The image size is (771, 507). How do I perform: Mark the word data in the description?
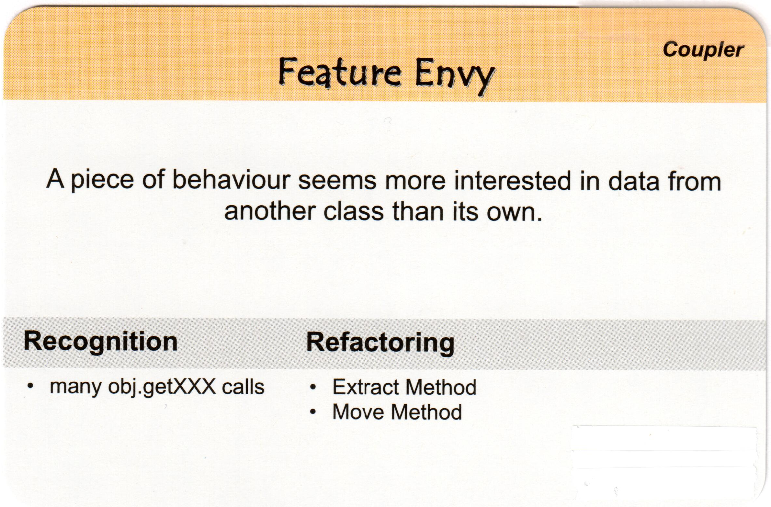point(635,181)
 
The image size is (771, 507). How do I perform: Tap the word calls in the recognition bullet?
point(243,387)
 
